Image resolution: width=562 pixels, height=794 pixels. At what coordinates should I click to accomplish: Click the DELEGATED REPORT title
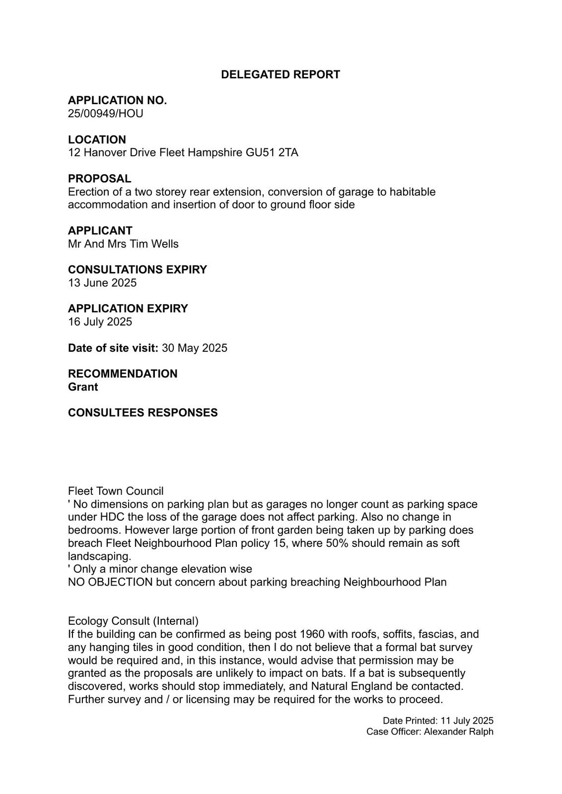coord(280,74)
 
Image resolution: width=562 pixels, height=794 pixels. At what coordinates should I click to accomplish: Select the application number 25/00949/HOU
coord(105,114)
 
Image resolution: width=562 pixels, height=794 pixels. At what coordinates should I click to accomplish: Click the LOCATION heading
coord(97,139)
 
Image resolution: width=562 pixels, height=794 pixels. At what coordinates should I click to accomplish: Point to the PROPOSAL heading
coord(99,179)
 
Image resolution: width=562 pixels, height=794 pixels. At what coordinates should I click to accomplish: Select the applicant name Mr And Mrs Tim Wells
coord(123,244)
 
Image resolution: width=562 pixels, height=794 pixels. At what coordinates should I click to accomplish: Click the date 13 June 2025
coord(102,283)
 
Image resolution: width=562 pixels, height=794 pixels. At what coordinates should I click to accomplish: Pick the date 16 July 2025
coord(100,322)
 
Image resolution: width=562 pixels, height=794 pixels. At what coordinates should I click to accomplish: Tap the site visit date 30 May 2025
coord(194,348)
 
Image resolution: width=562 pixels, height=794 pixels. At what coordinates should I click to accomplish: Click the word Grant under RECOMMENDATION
coord(83,387)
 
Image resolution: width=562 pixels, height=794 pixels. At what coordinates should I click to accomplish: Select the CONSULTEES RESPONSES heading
coord(142,413)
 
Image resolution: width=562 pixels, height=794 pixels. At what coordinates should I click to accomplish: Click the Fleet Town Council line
coord(116,491)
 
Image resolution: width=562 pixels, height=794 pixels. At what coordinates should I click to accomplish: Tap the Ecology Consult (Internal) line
coord(133,621)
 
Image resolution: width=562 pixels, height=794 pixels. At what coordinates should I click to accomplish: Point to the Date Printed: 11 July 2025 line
coord(438,721)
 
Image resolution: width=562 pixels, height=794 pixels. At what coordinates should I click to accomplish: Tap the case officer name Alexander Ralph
coord(458,731)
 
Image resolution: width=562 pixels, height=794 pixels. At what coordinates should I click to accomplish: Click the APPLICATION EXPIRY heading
coord(128,309)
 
